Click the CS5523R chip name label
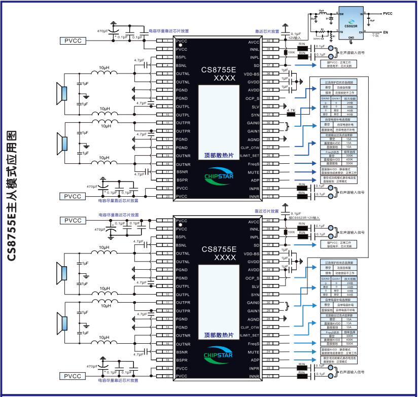click(x=351, y=25)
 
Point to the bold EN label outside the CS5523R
click(x=386, y=32)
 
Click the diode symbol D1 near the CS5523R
click(x=331, y=18)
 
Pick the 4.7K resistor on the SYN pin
click(x=291, y=114)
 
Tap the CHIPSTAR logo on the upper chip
click(x=218, y=177)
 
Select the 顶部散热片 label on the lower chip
click(x=218, y=335)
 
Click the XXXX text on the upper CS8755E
click(x=219, y=78)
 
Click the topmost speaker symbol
click(x=64, y=93)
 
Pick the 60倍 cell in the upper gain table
click(x=350, y=115)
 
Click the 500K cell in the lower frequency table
click(x=348, y=344)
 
